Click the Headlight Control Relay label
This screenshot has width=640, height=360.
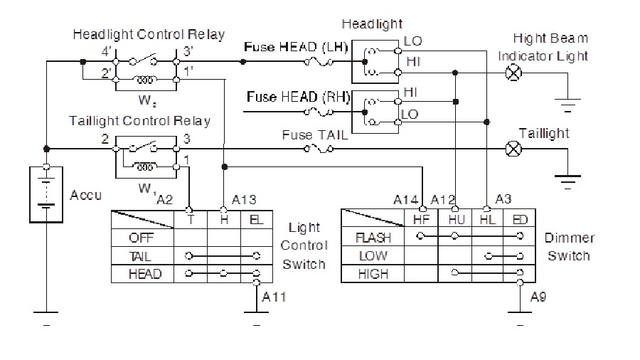[x=149, y=34]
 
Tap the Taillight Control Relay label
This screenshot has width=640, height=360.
[x=140, y=120]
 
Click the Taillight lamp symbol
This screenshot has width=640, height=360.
[x=511, y=149]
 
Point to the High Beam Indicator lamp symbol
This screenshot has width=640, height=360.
[x=511, y=72]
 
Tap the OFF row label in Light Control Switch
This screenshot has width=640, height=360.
[x=141, y=238]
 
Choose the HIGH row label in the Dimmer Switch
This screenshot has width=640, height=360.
[x=373, y=272]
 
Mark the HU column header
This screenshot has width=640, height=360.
[x=456, y=220]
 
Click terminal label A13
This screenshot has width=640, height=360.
[x=236, y=200]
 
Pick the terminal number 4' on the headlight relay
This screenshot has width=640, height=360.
[x=106, y=51]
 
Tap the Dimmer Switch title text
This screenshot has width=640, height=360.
[x=569, y=246]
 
